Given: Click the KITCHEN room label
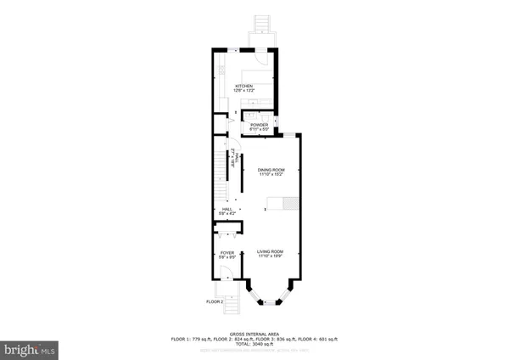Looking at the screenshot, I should [x=244, y=86].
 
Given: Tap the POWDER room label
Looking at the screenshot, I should [x=259, y=125].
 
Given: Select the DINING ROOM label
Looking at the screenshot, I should [x=271, y=170].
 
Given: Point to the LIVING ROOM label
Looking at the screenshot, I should [x=271, y=251].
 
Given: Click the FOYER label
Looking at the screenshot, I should [x=227, y=252].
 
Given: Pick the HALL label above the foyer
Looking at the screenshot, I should [x=227, y=209].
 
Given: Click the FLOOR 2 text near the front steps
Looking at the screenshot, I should [x=215, y=301].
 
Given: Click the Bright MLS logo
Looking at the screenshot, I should [x=30, y=348].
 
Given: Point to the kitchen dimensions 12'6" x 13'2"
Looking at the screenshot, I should [x=244, y=91].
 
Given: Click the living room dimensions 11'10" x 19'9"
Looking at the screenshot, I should [x=271, y=256].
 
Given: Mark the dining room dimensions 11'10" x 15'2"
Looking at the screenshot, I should [x=271, y=175].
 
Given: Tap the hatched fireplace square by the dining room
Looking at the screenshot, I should [x=290, y=202].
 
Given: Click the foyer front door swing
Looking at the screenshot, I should [x=226, y=273].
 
